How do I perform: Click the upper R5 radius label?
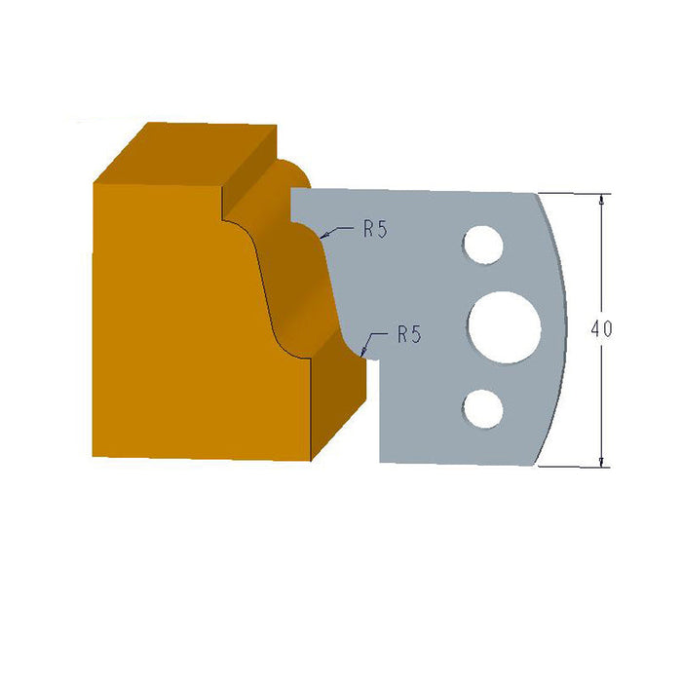[x=376, y=229]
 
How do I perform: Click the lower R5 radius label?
[x=409, y=334]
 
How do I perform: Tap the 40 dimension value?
[x=601, y=329]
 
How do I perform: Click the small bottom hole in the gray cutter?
[x=481, y=408]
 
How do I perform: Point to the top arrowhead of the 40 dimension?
[x=602, y=199]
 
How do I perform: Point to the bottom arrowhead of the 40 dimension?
[x=602, y=462]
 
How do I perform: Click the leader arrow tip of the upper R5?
[x=321, y=236]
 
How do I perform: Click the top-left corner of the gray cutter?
[x=292, y=189]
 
